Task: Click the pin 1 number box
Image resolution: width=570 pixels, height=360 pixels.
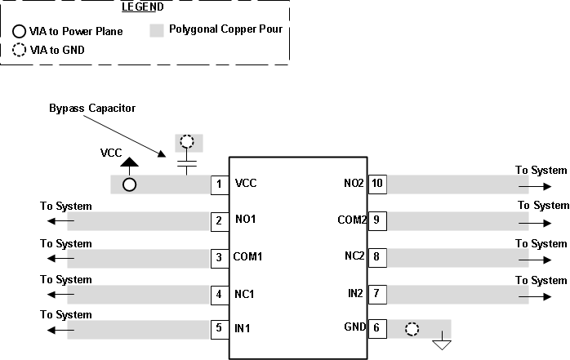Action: tap(218, 184)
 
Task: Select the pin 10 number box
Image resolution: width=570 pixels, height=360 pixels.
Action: tap(376, 184)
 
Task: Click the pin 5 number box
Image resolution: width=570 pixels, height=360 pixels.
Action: tap(218, 329)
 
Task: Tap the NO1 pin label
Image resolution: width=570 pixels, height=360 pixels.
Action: tap(246, 220)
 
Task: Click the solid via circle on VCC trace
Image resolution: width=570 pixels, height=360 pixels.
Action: tap(129, 184)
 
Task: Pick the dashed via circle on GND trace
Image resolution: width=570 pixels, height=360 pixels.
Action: tap(412, 329)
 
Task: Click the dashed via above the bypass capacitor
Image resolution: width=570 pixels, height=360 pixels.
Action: tap(187, 143)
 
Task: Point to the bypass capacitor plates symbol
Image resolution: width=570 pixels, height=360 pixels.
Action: tap(187, 165)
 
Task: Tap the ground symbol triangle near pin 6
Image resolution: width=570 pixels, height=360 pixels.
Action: tap(442, 344)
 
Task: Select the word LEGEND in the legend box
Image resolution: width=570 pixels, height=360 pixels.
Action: tap(143, 7)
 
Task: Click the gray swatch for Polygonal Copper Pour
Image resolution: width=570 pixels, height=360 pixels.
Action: tap(158, 32)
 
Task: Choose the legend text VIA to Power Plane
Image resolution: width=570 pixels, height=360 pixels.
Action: tap(76, 32)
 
